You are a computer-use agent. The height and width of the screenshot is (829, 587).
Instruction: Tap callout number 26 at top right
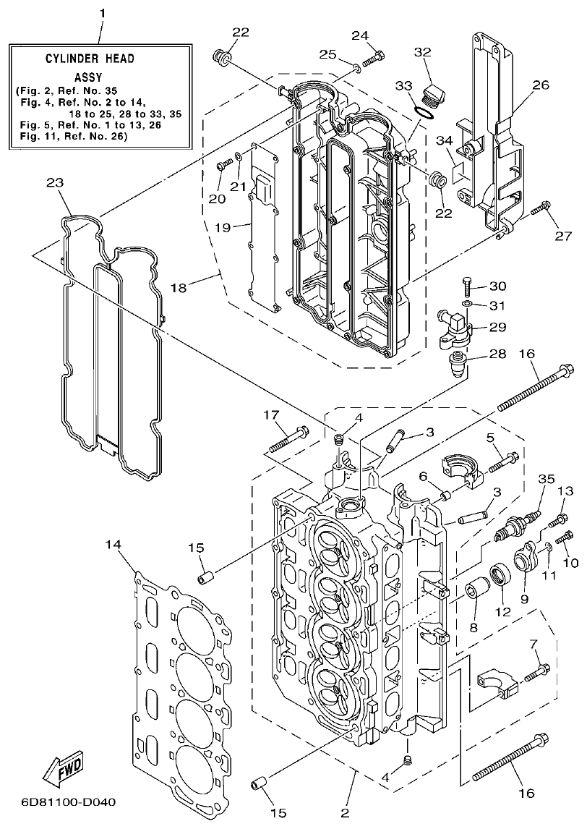click(541, 85)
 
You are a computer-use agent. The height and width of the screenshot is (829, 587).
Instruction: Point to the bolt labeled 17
click(288, 441)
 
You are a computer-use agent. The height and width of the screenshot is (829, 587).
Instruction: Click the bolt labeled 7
click(535, 672)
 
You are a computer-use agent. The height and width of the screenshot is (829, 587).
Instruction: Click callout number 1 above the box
click(102, 13)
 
